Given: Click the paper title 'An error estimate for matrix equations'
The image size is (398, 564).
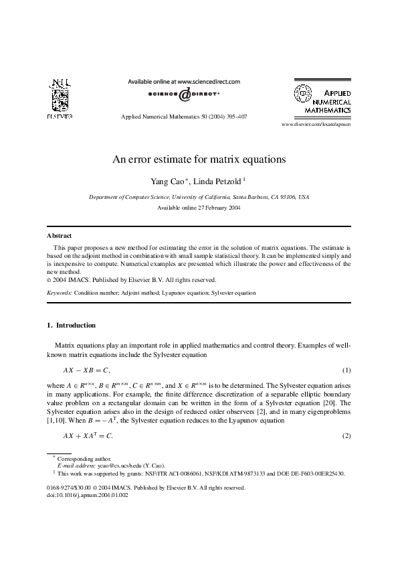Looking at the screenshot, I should tap(199, 160).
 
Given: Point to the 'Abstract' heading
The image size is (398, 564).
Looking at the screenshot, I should tap(60, 236).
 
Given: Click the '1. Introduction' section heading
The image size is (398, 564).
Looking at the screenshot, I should tap(71, 326).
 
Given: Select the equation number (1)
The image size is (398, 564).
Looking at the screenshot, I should tap(346, 370).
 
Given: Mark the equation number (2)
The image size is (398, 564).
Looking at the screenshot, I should tap(346, 436).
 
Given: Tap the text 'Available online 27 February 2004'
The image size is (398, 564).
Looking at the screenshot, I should tap(199, 208).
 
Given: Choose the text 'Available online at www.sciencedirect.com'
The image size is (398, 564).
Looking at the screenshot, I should tap(184, 81).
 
